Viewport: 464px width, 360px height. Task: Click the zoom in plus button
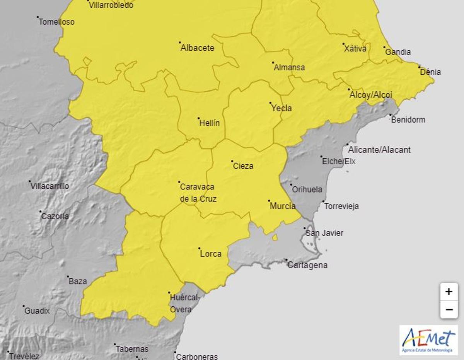click(449, 292)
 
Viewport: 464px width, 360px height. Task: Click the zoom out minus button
click(449, 309)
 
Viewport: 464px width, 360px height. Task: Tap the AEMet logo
click(428, 340)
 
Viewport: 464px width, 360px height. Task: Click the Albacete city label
click(197, 48)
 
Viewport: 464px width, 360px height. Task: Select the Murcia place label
click(282, 206)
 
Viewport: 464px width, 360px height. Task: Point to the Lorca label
click(211, 254)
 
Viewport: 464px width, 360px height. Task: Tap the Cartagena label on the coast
click(307, 265)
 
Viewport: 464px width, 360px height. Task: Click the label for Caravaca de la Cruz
click(198, 193)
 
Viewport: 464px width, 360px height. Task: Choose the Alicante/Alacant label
click(379, 150)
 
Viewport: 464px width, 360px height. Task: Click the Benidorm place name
click(408, 119)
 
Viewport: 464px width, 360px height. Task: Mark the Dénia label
click(430, 72)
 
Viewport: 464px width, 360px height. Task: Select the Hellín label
click(209, 123)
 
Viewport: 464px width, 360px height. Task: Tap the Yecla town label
click(281, 108)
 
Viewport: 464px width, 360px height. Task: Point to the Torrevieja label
click(341, 206)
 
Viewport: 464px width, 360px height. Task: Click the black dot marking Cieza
click(232, 161)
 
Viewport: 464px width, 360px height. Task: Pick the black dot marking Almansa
click(273, 63)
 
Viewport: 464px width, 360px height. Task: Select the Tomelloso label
click(56, 22)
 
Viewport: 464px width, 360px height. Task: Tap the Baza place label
click(78, 282)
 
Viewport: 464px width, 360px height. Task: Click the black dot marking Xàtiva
click(343, 44)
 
